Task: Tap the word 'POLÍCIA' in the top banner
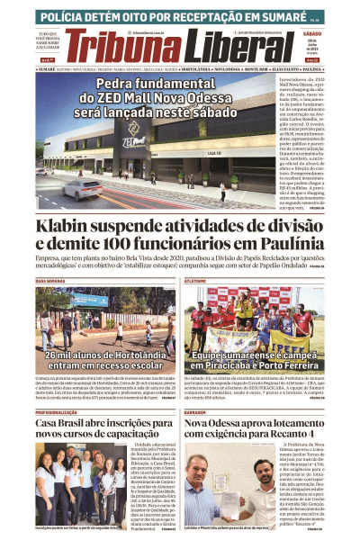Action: coord(65,16)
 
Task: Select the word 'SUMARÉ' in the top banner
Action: coord(275,16)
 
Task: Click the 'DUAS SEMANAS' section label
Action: coord(49,281)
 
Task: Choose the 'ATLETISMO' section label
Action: coord(196,281)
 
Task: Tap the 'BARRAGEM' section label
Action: coord(196,411)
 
